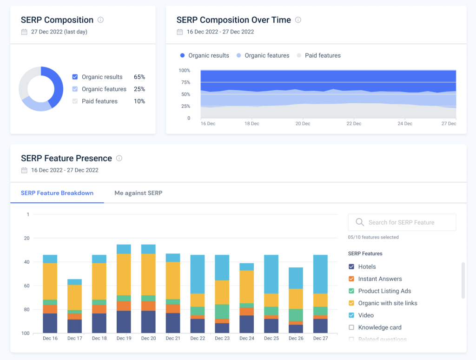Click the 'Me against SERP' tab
pos(138,193)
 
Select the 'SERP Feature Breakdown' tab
pos(57,193)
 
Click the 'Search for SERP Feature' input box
pos(402,222)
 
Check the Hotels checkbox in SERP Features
pos(352,267)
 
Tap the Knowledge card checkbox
pos(352,327)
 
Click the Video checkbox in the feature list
pos(352,315)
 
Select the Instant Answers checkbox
pos(352,279)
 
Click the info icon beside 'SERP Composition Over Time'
pos(298,20)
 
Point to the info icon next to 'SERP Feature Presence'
pos(119,158)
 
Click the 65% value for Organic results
pos(139,77)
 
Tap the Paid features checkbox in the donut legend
pos(75,101)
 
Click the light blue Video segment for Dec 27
pos(320,274)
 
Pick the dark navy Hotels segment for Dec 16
pos(50,323)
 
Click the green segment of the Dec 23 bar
pos(222,311)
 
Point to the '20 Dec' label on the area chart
pos(303,124)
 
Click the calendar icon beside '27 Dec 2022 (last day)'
pos(24,32)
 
